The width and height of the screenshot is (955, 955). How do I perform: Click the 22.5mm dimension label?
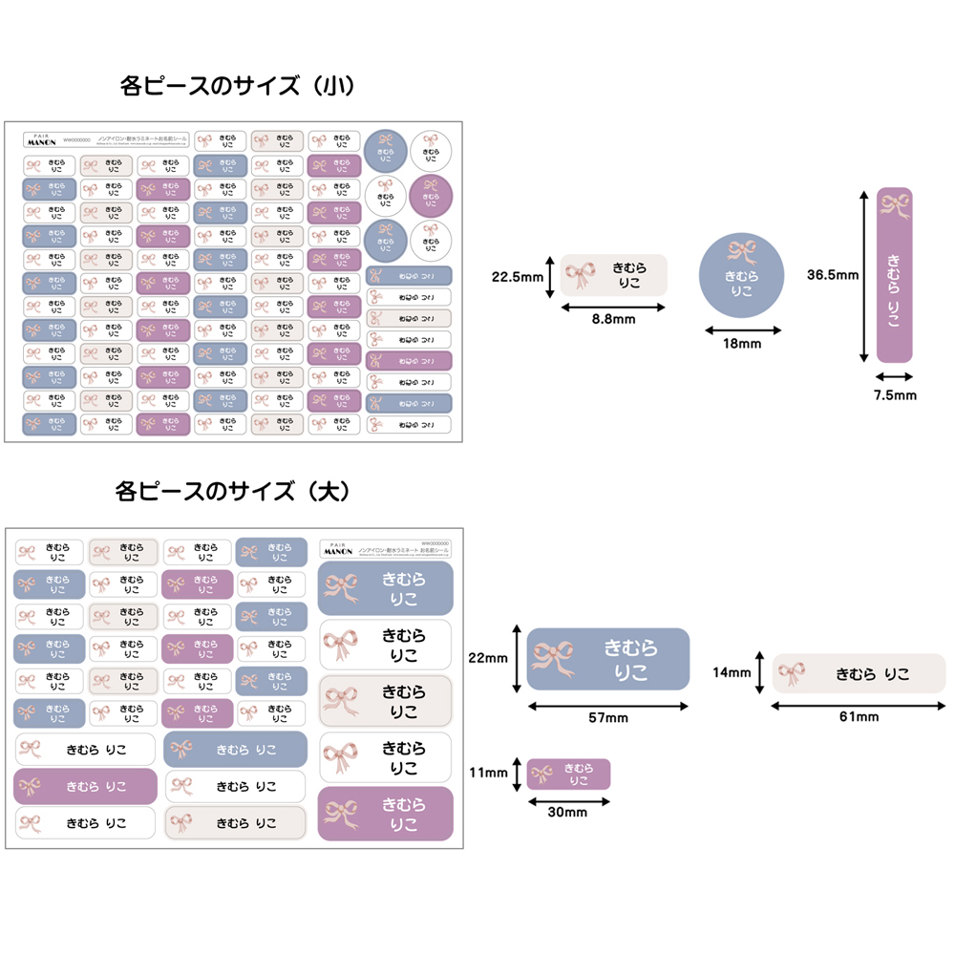pyautogui.click(x=517, y=278)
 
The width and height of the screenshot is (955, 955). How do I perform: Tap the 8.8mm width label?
pyautogui.click(x=611, y=319)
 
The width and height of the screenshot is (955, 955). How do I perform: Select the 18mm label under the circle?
pyautogui.click(x=741, y=343)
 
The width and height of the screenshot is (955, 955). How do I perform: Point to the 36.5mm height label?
pyautogui.click(x=833, y=275)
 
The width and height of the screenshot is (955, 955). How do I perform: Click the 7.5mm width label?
pyautogui.click(x=895, y=394)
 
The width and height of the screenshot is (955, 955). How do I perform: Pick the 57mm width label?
pyautogui.click(x=608, y=718)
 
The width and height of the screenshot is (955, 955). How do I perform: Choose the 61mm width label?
pyautogui.click(x=859, y=716)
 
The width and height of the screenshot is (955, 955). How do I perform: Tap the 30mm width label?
pyautogui.click(x=568, y=812)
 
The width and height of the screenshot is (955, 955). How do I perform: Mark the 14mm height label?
pyautogui.click(x=732, y=672)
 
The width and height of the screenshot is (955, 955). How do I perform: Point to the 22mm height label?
pyautogui.click(x=489, y=658)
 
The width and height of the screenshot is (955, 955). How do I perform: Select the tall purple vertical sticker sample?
pyautogui.click(x=895, y=275)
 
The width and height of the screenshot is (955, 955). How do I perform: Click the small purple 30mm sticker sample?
pyautogui.click(x=568, y=774)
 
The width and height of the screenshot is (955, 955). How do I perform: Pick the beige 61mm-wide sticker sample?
pyautogui.click(x=859, y=673)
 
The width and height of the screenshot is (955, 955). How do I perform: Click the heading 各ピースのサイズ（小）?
pyautogui.click(x=238, y=87)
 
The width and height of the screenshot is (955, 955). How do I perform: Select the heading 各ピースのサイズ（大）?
pyautogui.click(x=234, y=493)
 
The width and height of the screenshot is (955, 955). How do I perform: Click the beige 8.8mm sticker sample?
pyautogui.click(x=613, y=275)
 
